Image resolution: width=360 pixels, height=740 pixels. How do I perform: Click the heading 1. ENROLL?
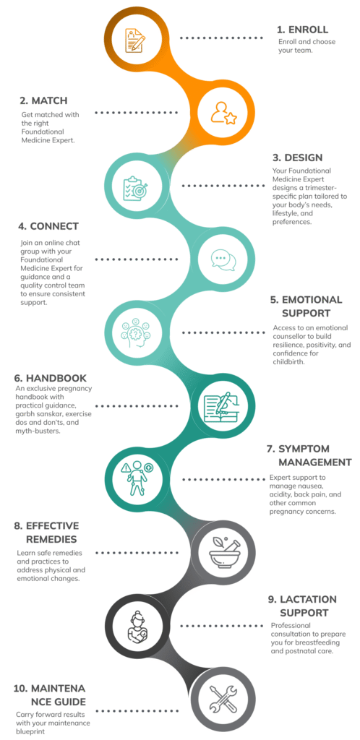tap(302, 29)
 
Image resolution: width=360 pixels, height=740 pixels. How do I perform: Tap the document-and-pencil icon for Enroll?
tap(135, 40)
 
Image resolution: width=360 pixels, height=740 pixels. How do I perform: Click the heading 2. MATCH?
tap(43, 100)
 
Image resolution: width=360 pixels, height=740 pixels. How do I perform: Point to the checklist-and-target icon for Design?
tap(135, 188)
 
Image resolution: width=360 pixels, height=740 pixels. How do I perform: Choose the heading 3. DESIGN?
tap(297, 158)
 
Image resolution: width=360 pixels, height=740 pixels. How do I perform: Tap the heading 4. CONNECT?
tap(48, 226)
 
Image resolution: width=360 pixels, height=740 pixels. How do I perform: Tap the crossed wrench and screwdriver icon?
tap(223, 699)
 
